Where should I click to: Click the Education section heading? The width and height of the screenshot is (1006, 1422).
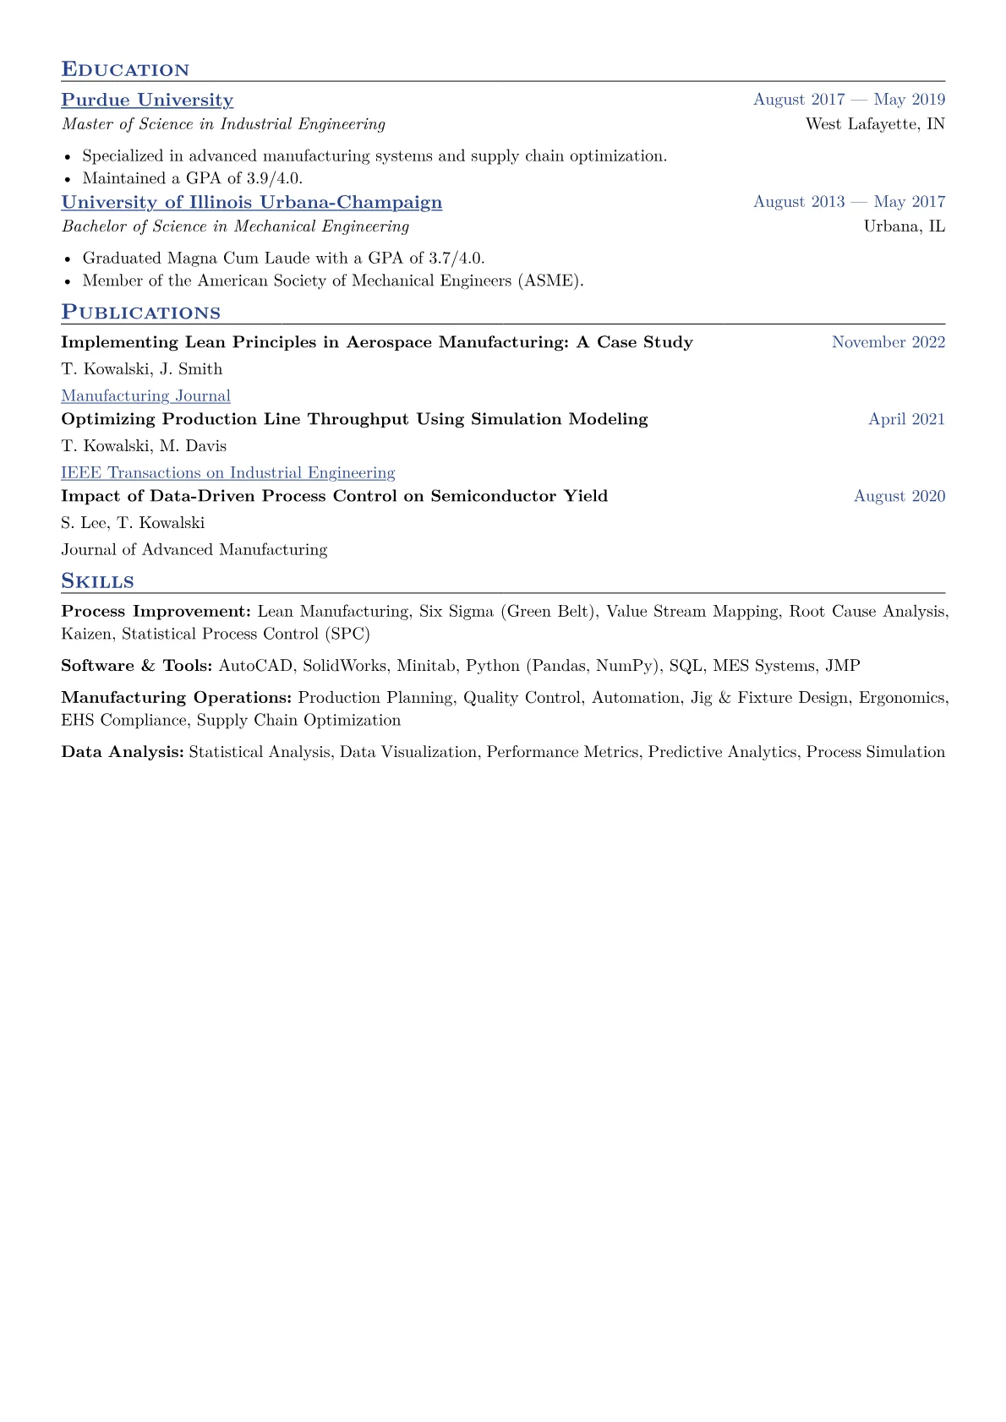coord(125,69)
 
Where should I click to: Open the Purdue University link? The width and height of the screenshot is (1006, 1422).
coord(147,100)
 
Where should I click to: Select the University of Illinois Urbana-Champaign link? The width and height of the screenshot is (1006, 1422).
coord(251,202)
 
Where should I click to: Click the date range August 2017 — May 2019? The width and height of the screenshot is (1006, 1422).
coord(849,100)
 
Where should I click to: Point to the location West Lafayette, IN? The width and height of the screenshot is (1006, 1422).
coord(875,124)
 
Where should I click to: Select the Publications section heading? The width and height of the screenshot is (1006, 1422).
coord(140,313)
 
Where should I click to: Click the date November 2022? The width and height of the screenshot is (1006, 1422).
coord(888,342)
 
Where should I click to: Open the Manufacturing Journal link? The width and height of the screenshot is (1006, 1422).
coord(145,395)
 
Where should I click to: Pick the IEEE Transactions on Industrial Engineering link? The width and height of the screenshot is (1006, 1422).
coord(227,472)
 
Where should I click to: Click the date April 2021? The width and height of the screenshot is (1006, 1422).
coord(906,419)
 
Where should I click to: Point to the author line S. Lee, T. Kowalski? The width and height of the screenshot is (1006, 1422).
coord(133,523)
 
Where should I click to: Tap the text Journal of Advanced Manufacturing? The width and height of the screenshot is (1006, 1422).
coord(194,550)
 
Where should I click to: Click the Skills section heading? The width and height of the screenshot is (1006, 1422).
coord(97,581)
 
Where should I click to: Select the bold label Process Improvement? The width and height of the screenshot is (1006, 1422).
coord(156,611)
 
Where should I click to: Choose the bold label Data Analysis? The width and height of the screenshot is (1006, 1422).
coord(123,752)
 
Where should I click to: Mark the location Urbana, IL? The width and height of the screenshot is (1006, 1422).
coord(904,226)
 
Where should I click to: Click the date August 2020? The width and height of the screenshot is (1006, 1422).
coord(899,496)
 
